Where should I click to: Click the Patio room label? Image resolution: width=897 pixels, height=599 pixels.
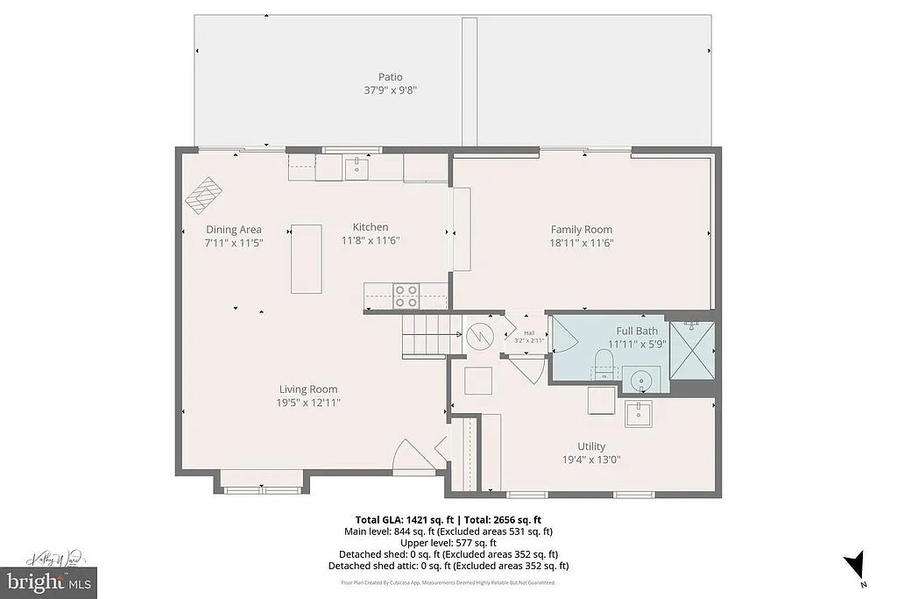pos(390,77)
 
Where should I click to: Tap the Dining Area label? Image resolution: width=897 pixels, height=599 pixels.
pos(233,230)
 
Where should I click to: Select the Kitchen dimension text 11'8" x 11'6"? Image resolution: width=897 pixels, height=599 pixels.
pos(371,240)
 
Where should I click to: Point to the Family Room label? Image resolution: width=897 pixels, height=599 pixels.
pos(581,230)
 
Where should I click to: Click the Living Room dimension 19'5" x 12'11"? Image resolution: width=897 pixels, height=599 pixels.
pos(308,403)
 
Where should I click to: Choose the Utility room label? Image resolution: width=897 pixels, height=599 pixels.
pos(591,446)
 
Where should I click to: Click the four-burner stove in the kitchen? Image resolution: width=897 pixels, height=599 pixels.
pos(406,296)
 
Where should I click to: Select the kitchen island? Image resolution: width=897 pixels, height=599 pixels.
pos(307,259)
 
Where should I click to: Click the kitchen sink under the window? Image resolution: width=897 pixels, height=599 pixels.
pos(357,166)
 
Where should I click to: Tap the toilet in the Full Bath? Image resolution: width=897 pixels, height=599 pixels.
pos(604,364)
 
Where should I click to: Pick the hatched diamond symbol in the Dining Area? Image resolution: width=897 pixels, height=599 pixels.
pos(203,195)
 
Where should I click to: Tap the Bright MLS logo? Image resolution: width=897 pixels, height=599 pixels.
pos(48,581)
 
